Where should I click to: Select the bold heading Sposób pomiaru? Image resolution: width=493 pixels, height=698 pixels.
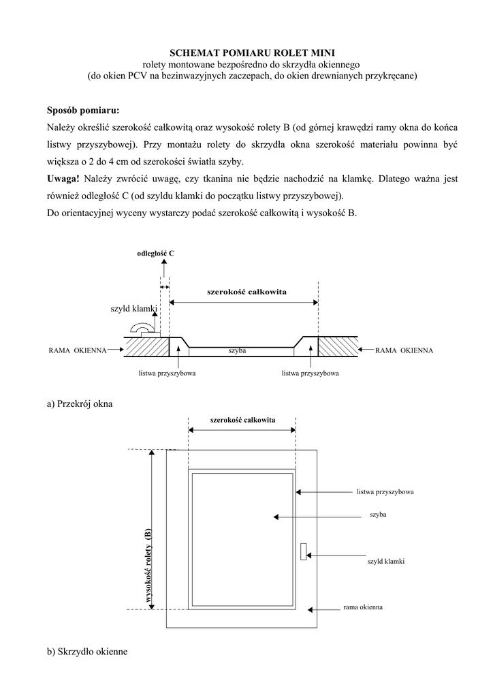[83, 110]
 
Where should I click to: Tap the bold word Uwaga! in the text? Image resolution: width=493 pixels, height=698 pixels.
[63, 179]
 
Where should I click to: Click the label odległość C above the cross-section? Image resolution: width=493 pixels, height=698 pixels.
[155, 254]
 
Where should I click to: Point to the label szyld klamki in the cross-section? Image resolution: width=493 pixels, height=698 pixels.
[133, 309]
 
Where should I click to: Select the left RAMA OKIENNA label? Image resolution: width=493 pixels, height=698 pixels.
[78, 350]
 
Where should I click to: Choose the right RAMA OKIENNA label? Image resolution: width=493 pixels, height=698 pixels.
[404, 350]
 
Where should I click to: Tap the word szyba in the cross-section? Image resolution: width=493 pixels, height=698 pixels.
[237, 350]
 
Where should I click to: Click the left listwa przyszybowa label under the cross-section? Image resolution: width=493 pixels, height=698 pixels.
[167, 374]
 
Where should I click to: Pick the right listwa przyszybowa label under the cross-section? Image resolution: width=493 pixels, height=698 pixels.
[311, 374]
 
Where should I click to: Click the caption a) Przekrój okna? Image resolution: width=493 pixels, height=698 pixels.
[80, 404]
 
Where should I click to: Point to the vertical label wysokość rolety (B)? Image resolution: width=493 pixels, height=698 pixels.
[148, 566]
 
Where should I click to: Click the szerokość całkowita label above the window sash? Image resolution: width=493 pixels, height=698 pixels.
[242, 420]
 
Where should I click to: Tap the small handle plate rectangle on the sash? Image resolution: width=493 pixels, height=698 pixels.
[303, 551]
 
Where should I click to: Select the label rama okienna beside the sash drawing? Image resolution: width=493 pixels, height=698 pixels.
[363, 606]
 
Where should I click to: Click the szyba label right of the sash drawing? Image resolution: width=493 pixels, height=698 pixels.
[378, 515]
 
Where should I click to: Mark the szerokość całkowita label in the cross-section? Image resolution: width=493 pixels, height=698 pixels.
[246, 292]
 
